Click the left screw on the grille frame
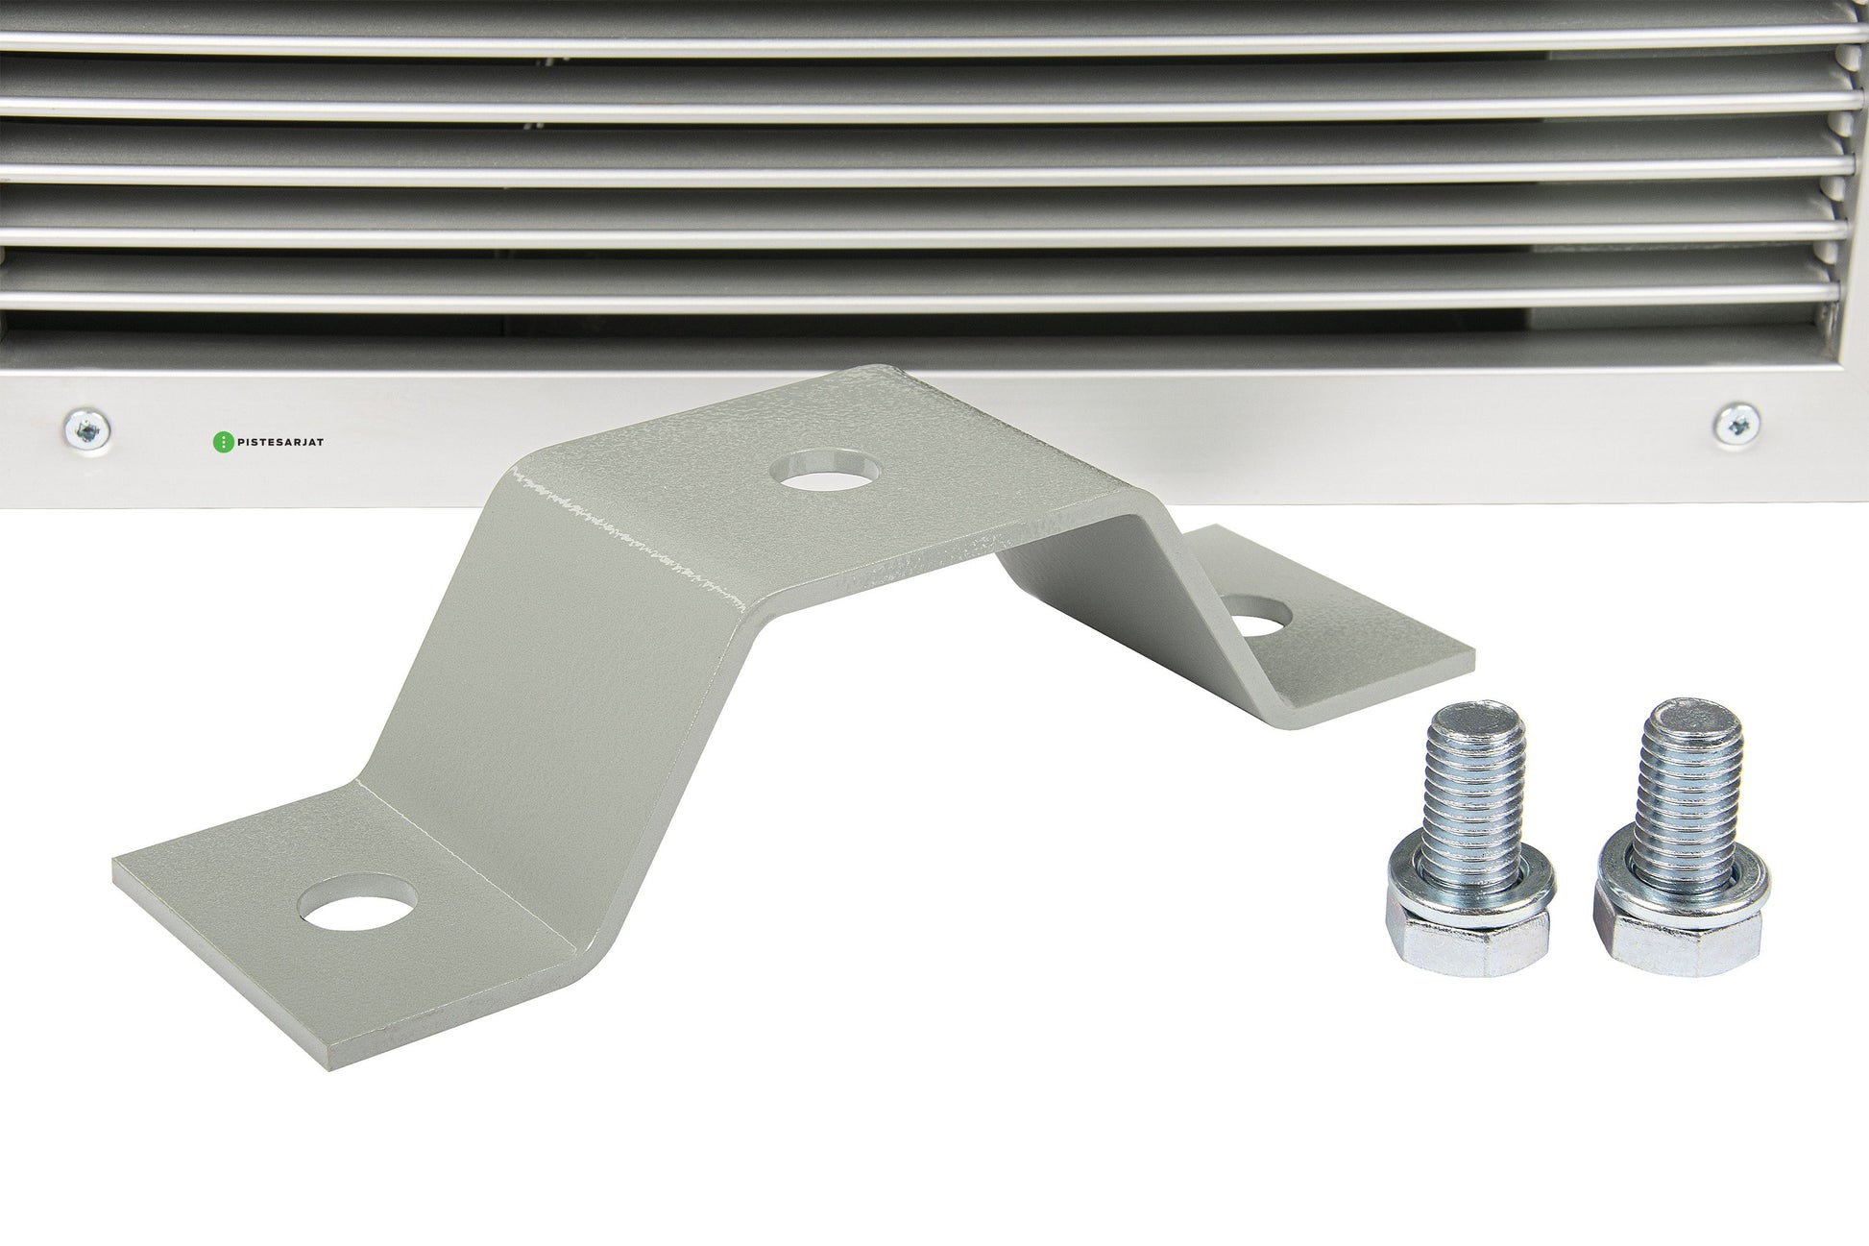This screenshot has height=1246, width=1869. [85, 427]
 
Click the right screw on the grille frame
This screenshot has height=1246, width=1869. [1736, 423]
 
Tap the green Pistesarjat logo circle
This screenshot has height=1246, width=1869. [221, 442]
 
